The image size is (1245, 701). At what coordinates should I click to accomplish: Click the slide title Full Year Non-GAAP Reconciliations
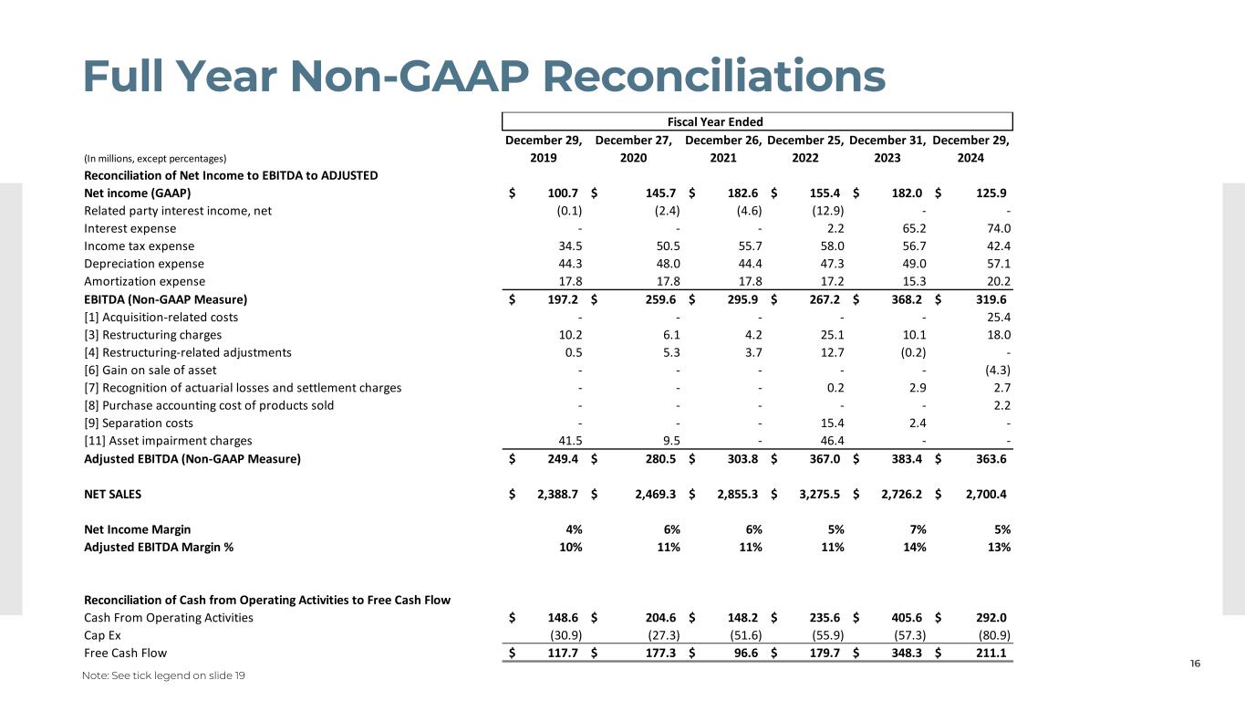[x=483, y=76]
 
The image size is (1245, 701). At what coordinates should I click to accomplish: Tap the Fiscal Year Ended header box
[x=757, y=121]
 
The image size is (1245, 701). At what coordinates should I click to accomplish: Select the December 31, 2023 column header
[x=887, y=149]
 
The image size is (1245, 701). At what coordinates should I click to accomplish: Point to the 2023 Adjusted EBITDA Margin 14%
[x=915, y=547]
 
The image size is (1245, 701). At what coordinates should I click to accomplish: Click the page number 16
[x=1195, y=664]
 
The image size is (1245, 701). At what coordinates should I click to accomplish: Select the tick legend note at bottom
[x=164, y=675]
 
